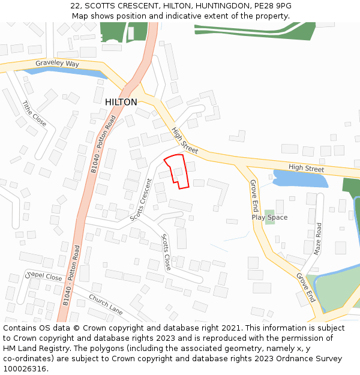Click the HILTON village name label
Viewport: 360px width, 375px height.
[121, 103]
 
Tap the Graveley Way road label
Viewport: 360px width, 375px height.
[57, 64]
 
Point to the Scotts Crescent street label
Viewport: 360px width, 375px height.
[142, 199]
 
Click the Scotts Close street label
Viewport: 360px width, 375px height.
[166, 252]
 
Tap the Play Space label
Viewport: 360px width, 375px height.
[269, 217]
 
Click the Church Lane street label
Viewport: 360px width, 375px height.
[106, 304]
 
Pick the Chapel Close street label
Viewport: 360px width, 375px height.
[43, 277]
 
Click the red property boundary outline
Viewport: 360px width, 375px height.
[178, 171]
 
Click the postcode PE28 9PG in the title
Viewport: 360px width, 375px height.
[275, 5]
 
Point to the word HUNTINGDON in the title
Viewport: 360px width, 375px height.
[214, 5]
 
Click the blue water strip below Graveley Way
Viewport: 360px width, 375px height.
[54, 71]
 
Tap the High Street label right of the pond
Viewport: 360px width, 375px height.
[306, 168]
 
